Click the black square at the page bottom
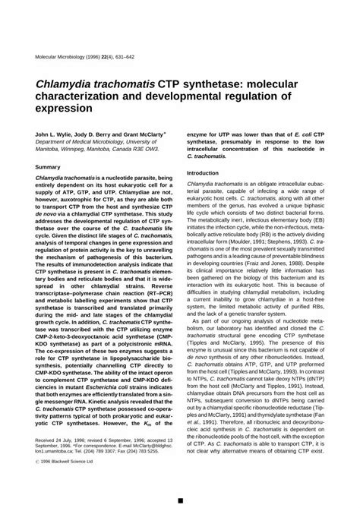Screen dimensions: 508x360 click(x=180, y=501)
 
